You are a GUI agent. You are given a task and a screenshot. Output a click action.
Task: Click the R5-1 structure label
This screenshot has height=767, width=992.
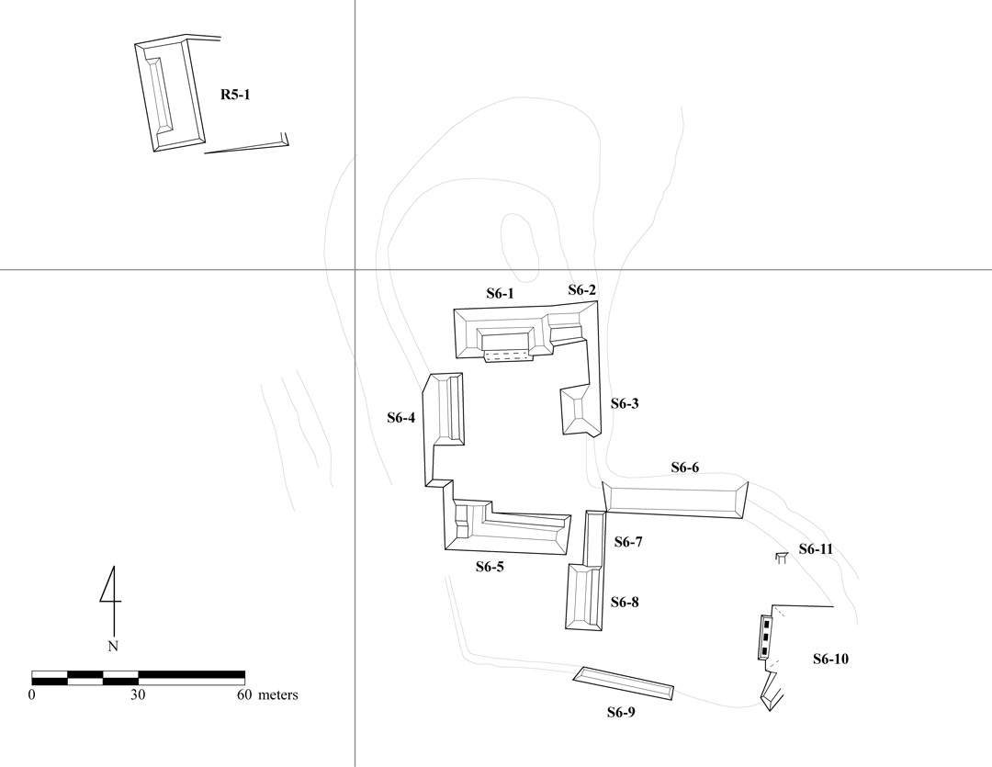234,94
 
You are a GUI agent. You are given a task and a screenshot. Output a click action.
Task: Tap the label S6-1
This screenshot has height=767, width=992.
501,293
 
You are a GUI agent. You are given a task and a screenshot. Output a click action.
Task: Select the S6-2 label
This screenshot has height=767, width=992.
582,290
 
